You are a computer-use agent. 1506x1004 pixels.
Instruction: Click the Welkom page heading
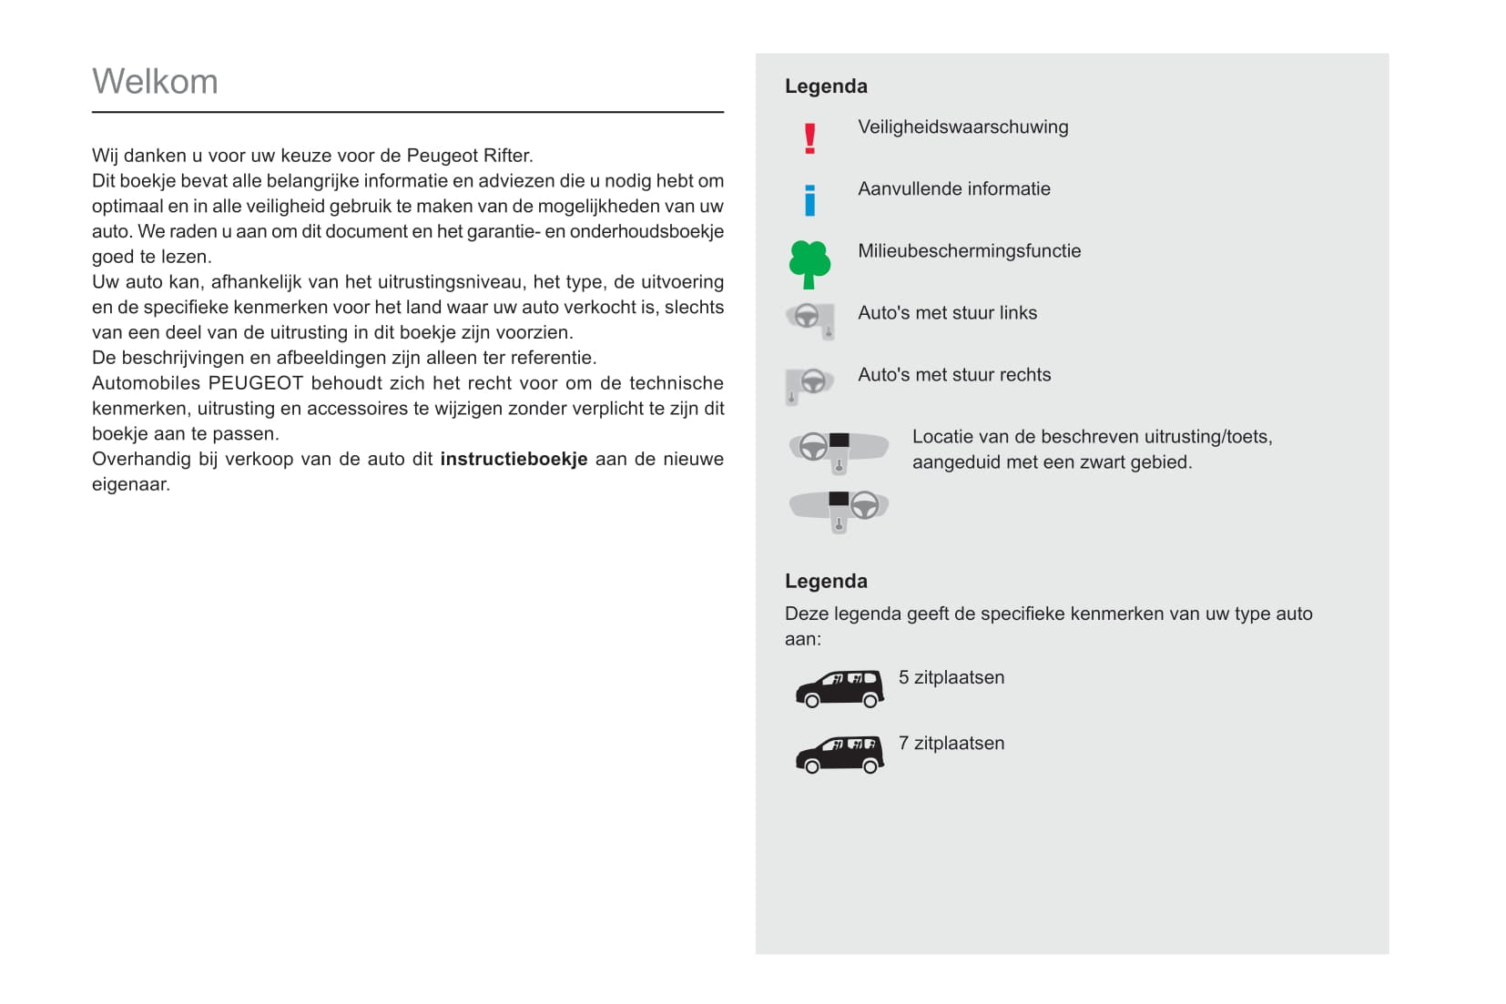tap(155, 82)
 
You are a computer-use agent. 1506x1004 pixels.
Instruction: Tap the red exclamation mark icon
tap(809, 138)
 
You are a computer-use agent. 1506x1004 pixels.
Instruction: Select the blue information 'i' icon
tap(809, 199)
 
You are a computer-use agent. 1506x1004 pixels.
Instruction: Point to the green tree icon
tap(809, 264)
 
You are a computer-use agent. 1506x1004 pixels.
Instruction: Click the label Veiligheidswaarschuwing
tap(962, 127)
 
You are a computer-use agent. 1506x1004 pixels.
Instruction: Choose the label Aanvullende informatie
tap(953, 189)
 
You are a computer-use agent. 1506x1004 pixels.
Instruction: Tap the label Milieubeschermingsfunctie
tap(969, 251)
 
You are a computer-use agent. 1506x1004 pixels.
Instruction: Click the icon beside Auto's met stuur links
tap(810, 319)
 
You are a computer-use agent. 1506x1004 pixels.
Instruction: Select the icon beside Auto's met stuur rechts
tap(809, 383)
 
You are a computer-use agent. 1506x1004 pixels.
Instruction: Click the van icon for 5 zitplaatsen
tap(839, 688)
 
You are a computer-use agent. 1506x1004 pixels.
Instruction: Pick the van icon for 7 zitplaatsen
tap(839, 754)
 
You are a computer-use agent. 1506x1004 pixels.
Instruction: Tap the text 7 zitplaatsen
tap(951, 744)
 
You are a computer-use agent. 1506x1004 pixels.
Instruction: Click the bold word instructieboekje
tap(514, 460)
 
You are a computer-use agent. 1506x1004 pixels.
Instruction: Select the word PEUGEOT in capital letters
tap(255, 383)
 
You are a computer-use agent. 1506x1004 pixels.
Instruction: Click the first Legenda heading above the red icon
tap(826, 86)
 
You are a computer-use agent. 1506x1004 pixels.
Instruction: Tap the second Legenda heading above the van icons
tap(826, 582)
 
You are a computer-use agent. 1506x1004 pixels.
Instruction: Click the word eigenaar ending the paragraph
tap(130, 485)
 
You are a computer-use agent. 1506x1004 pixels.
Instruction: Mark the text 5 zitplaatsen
tap(951, 678)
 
